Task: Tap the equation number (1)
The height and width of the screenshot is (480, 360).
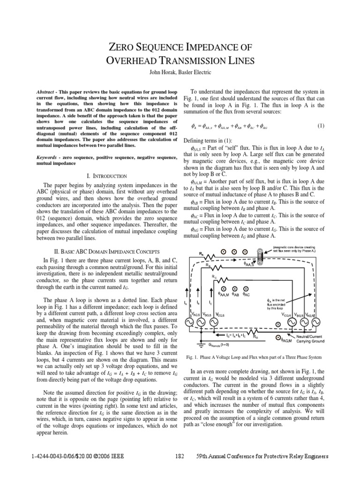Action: click(321, 126)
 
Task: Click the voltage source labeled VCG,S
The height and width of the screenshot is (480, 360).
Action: click(214, 323)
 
